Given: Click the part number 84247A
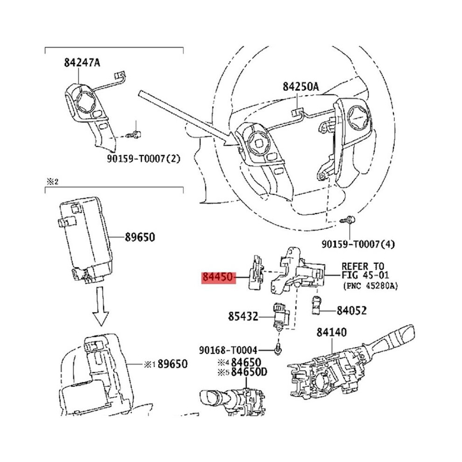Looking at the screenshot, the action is pos(82,63).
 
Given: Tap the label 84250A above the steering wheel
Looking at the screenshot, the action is pos(301,87).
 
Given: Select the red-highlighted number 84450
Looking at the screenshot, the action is pos(219,277).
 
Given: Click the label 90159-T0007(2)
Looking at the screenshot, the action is pos(143,159).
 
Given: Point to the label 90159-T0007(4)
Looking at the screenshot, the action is pos(358,244).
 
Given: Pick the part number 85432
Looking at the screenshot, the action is pos(243,317).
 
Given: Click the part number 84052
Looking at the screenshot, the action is pos(352,310).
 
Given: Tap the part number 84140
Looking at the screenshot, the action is pos(331,332).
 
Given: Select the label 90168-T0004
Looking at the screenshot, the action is pos(228,350).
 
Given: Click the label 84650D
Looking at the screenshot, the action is pos(249,372).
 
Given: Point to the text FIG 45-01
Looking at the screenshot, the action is pos(365,275).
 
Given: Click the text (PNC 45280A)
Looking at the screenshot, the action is pos(371,286).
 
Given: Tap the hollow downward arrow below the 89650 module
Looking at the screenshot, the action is pos(101,307).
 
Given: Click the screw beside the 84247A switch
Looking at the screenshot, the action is pos(133,135).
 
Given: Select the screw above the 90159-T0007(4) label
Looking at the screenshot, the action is pos(347,220).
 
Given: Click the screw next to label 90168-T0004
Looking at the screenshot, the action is pos(278,349).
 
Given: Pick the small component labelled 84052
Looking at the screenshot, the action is pos(316,305).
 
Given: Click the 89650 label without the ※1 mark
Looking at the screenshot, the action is pos(140,237).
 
